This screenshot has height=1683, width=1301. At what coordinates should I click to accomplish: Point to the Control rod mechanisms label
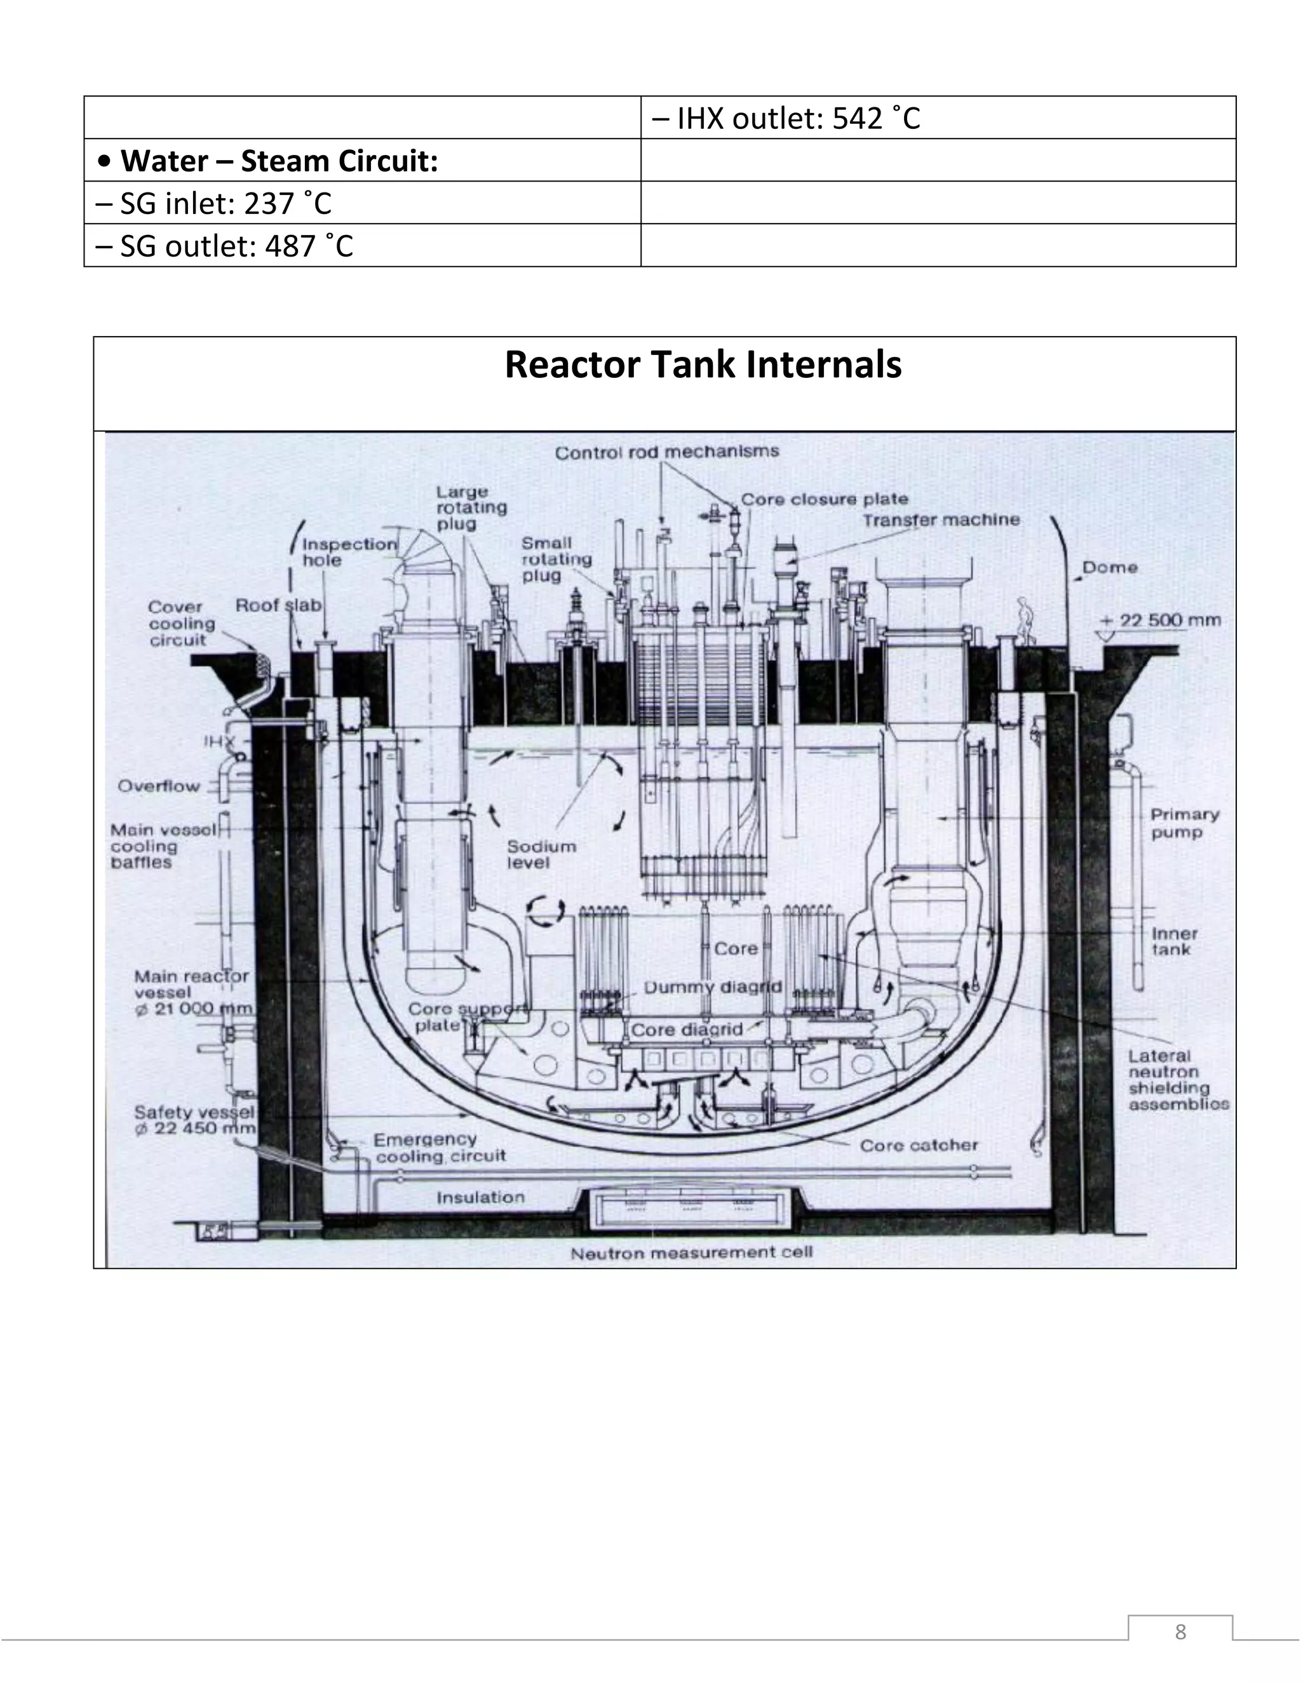tap(666, 452)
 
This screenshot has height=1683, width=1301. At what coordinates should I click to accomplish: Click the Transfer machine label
tap(940, 520)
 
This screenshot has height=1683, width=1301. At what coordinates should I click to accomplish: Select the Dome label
tap(1110, 568)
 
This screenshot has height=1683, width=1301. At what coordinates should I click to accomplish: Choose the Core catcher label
tap(918, 1146)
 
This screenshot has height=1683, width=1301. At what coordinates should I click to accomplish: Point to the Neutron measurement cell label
tap(691, 1253)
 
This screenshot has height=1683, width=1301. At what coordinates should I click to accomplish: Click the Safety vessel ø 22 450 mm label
tap(195, 1120)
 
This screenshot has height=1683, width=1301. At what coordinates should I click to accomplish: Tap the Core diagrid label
tap(687, 1029)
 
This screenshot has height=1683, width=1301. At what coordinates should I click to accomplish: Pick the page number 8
tap(1180, 1632)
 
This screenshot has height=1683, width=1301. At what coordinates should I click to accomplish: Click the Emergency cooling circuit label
tap(440, 1148)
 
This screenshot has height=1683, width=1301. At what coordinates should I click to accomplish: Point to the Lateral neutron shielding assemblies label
tap(1178, 1080)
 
